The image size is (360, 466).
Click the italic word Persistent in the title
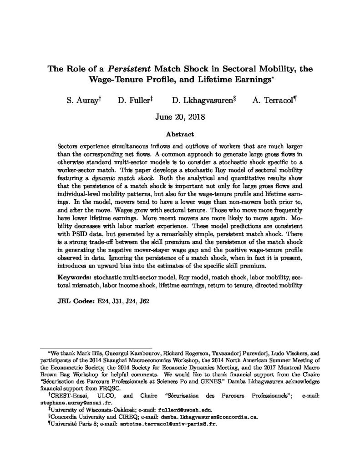coord(132,71)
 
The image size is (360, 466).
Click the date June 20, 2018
coord(180,117)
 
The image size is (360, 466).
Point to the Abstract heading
coord(180,134)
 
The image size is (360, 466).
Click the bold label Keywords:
coord(75,277)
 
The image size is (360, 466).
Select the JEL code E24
coord(100,301)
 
